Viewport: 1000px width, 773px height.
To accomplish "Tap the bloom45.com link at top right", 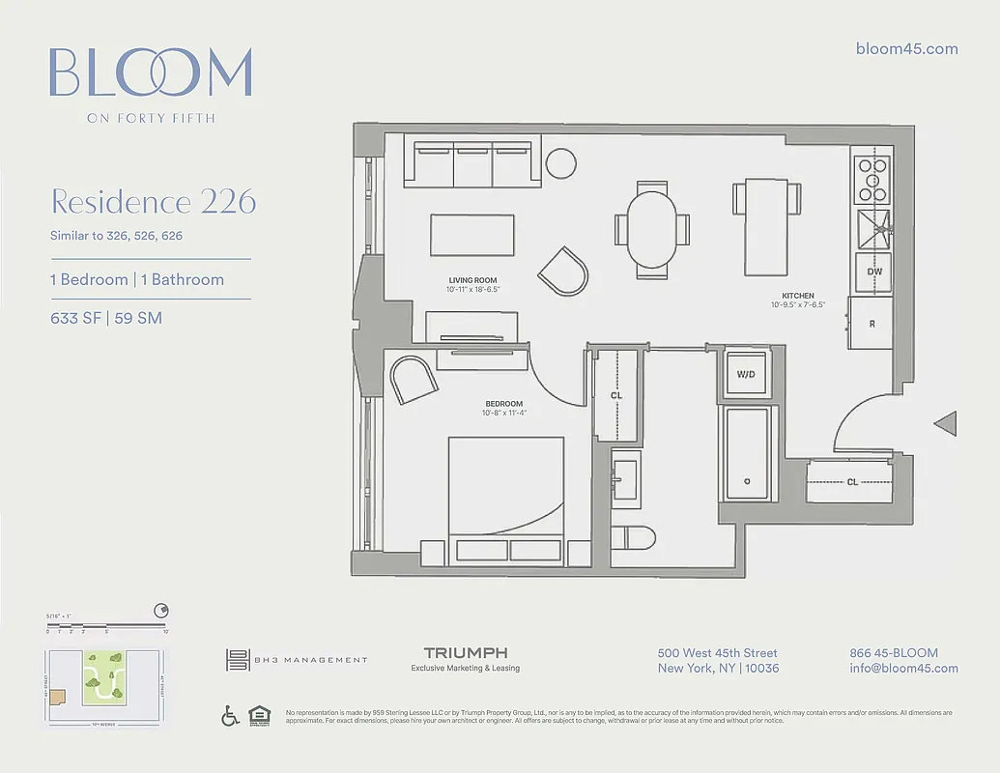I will [x=907, y=49].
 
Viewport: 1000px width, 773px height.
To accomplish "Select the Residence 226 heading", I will [x=153, y=202].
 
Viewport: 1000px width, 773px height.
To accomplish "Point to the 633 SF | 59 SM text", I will [x=106, y=318].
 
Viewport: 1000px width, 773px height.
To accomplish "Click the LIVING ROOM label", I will [x=472, y=280].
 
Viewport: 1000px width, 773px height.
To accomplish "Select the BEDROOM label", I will [x=504, y=404].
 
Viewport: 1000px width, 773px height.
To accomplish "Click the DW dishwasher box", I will [x=873, y=272].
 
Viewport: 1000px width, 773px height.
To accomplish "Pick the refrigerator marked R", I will [x=871, y=324].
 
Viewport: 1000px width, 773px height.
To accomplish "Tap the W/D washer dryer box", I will [x=746, y=375].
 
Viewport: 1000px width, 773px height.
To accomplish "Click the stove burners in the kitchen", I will [x=873, y=178].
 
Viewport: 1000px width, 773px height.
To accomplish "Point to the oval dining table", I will [x=653, y=229].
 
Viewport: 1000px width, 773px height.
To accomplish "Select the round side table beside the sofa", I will [x=560, y=162].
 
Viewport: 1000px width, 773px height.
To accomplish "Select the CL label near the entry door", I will [x=852, y=481].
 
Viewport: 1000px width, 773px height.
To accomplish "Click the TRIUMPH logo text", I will [x=466, y=654].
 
